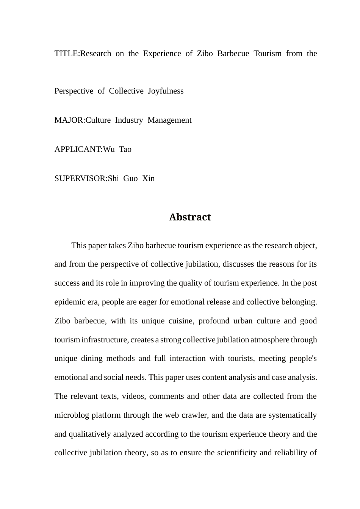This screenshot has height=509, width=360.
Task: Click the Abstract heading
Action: (190, 217)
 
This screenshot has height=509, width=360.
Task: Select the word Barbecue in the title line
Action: (233, 53)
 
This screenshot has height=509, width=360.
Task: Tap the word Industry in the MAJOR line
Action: (129, 120)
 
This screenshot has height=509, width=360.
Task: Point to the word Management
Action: (169, 120)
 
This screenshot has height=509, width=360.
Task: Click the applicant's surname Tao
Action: (125, 149)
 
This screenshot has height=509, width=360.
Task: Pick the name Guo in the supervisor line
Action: (130, 178)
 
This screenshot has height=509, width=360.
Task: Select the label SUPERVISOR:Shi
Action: (86, 178)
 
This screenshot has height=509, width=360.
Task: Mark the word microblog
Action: (72, 415)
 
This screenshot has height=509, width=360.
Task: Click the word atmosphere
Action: (270, 340)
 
